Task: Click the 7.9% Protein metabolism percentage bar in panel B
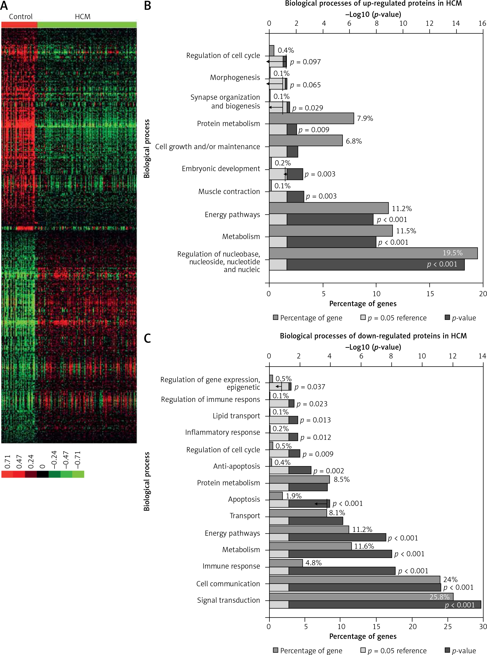coord(311,118)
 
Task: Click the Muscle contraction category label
coord(229,192)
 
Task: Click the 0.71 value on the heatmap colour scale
coord(8,462)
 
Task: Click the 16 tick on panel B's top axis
coord(482,24)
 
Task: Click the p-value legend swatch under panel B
coord(447,318)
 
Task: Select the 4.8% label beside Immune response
coord(313,563)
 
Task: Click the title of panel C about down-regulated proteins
coord(373,336)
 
